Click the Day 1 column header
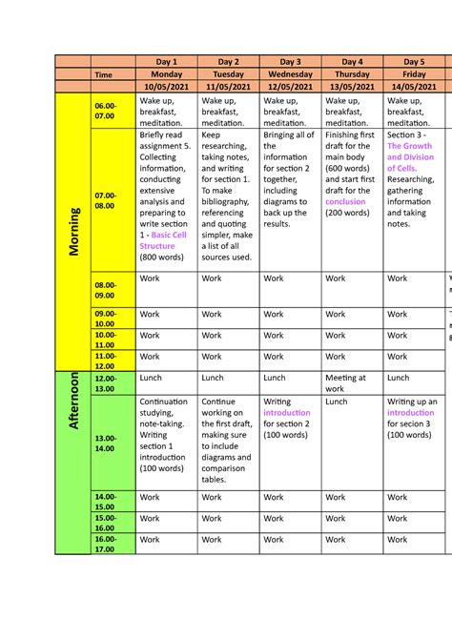[x=167, y=61]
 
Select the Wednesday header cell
[x=291, y=73]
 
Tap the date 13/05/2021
[x=353, y=86]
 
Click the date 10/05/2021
[x=167, y=86]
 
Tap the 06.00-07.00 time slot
[x=104, y=111]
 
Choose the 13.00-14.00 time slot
[x=104, y=443]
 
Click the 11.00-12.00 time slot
[x=104, y=361]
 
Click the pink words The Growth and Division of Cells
[x=410, y=157]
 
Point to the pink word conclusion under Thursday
[x=345, y=201]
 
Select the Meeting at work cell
[x=345, y=383]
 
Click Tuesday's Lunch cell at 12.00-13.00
[x=213, y=378]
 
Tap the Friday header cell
[x=414, y=73]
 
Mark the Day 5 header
[x=414, y=61]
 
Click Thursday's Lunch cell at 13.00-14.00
[x=336, y=402]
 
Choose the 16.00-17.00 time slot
[x=104, y=545]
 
